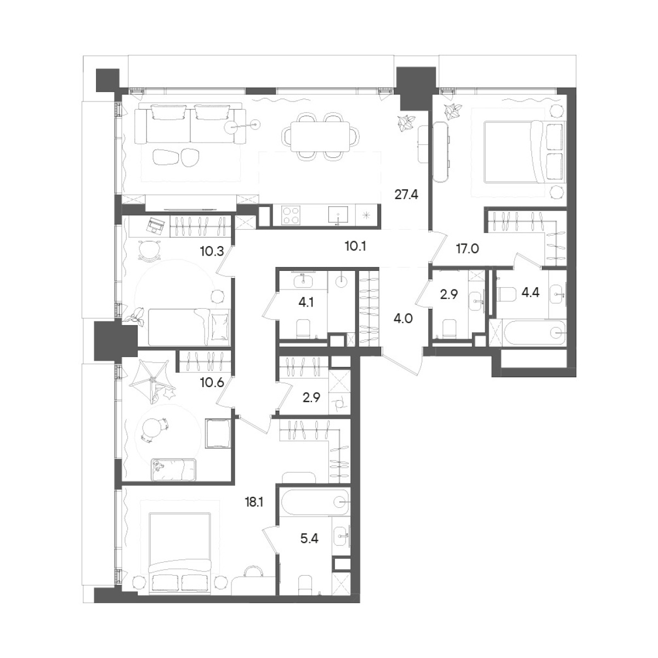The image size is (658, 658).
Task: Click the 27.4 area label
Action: coord(406,195)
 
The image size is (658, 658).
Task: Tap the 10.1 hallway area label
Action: coord(355,246)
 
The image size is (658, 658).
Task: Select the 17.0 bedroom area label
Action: coord(468,249)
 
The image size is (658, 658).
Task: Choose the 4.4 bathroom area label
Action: coord(531,293)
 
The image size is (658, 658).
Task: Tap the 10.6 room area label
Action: coord(212,382)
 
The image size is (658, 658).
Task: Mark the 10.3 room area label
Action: coord(212,252)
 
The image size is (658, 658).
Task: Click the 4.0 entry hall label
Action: coord(403,319)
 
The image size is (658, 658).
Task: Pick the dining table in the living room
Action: coord(320,137)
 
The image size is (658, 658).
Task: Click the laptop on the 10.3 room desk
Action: coord(155,225)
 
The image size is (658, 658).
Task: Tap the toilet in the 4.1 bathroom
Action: coord(303,329)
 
